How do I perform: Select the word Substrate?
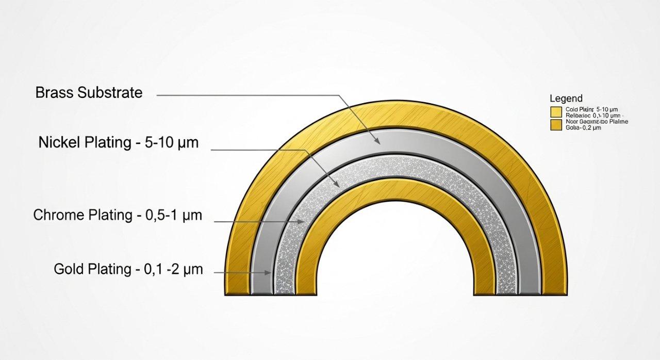[x=110, y=93]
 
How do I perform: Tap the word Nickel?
[x=58, y=143]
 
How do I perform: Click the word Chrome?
[x=59, y=216]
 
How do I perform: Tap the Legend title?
[x=566, y=99]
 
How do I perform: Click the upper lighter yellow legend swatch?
[x=556, y=112]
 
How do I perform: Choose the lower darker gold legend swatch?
[x=556, y=125]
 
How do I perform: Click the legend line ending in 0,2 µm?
[x=583, y=128]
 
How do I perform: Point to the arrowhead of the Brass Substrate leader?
[x=379, y=142]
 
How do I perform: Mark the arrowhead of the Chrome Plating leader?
[x=303, y=221]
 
